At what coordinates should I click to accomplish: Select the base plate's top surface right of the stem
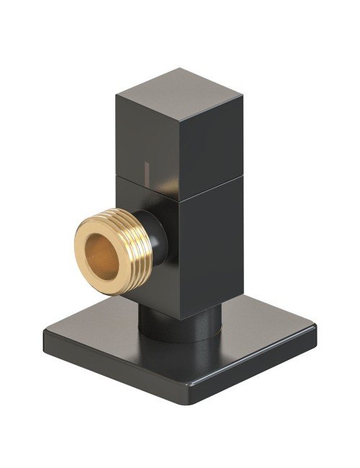click(259, 331)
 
